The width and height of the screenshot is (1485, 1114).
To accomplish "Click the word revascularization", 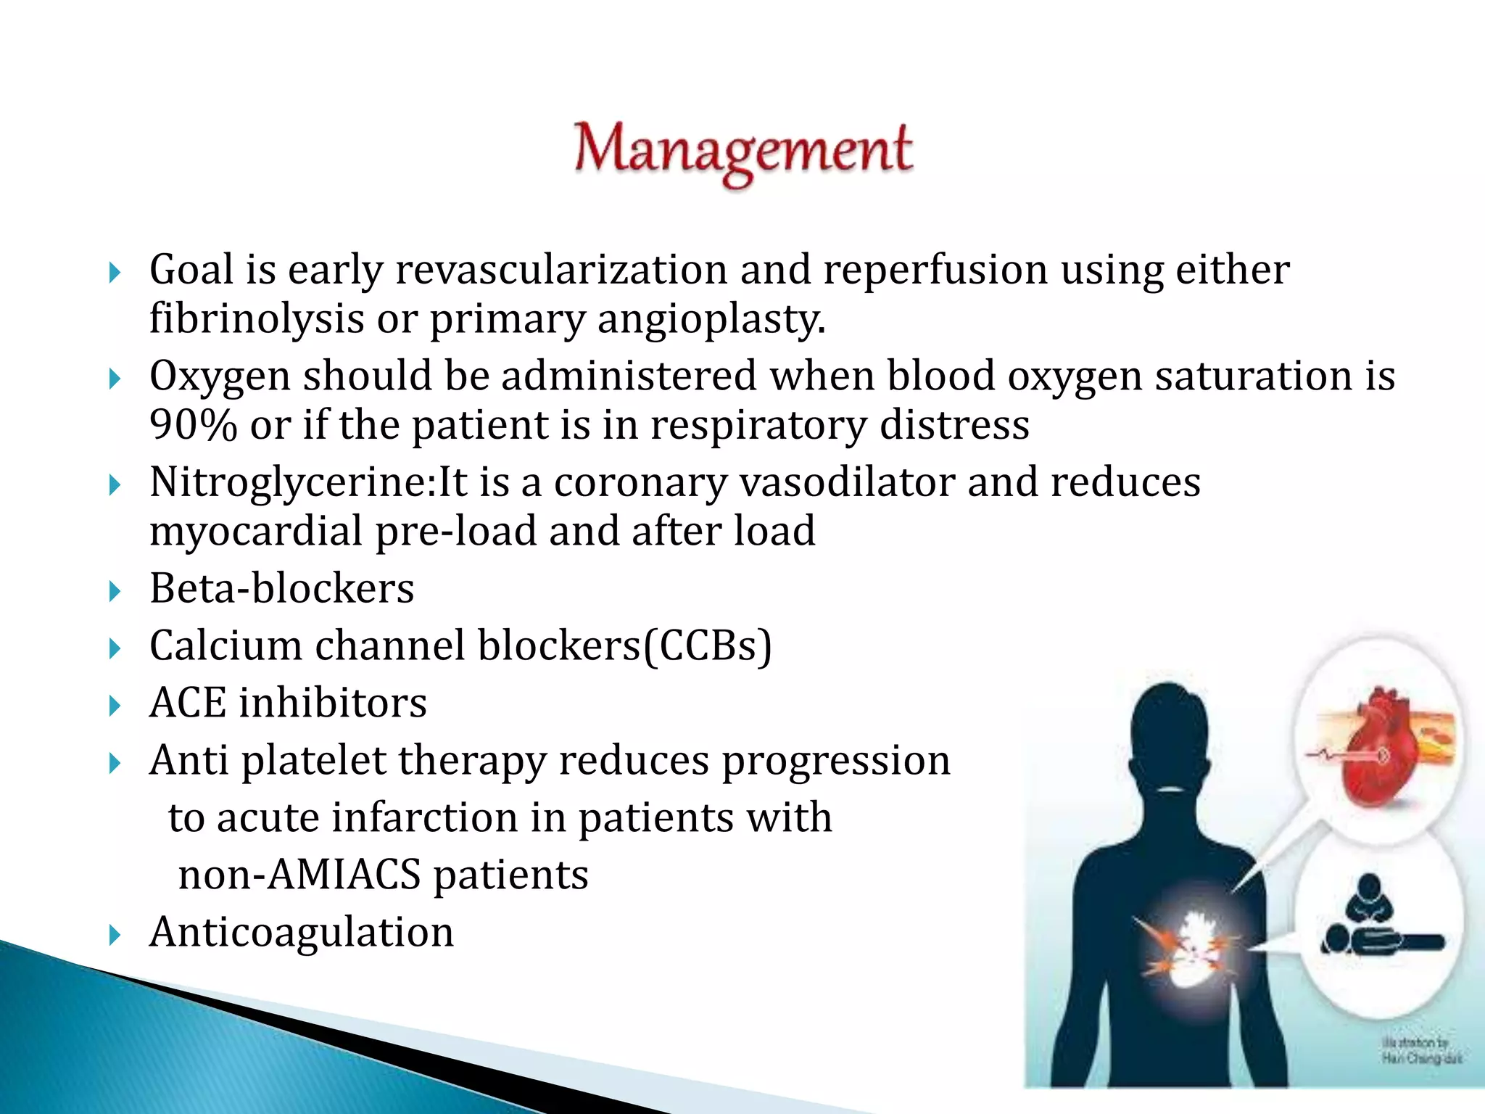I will tap(561, 270).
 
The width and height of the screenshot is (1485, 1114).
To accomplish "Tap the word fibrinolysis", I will tap(256, 319).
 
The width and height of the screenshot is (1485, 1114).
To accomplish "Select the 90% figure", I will tap(193, 425).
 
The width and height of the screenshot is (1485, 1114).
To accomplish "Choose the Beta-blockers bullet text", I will tap(281, 588).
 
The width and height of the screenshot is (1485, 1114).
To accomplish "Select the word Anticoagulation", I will tap(302, 932).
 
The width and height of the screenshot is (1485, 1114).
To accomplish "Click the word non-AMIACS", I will tap(299, 875).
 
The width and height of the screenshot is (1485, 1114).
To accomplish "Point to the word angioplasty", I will tap(711, 319).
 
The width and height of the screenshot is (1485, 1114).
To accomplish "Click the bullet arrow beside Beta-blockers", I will tap(115, 591).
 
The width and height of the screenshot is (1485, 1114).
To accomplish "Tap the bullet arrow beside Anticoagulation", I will tap(115, 935).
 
